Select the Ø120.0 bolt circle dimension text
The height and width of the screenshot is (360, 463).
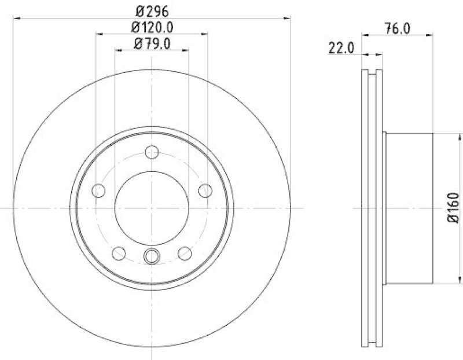(151, 26)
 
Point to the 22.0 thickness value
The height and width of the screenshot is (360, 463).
(341, 49)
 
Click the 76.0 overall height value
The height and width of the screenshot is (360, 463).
(397, 28)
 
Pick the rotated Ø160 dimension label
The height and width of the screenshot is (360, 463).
(453, 208)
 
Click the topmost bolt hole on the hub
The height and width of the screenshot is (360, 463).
(152, 152)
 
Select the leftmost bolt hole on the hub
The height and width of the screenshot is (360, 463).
(99, 190)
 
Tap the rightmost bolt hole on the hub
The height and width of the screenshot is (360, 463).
(204, 190)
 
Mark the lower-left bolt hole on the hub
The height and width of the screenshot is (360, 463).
(119, 252)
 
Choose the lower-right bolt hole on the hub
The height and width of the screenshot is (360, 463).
(185, 252)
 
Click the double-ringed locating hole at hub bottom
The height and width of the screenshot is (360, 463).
(152, 255)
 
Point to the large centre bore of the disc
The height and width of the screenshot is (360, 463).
(152, 208)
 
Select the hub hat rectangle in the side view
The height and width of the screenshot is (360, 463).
(409, 208)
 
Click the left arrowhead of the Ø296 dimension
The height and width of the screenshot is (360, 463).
(14, 18)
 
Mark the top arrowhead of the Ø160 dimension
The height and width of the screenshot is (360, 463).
(443, 137)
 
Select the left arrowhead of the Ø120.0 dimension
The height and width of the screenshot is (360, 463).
(99, 34)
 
